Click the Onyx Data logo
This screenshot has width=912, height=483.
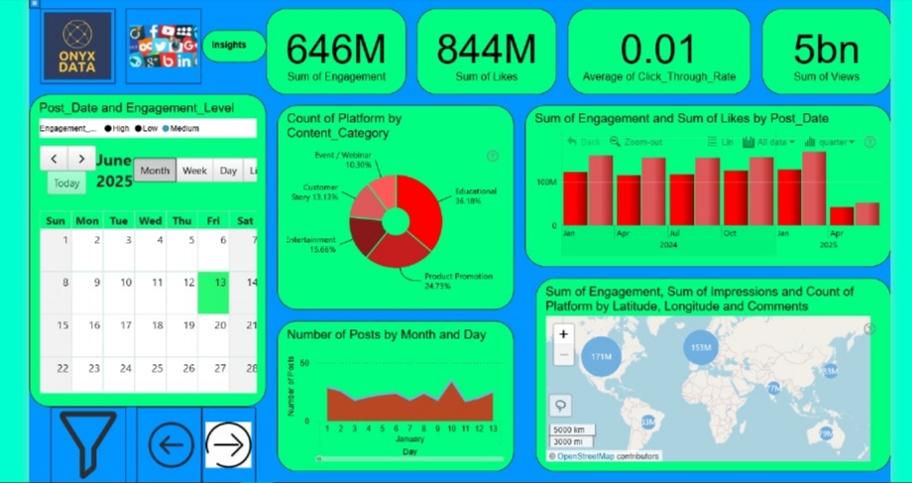coord(78,46)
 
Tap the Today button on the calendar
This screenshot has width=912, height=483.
coord(66,183)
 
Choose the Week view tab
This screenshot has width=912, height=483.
coord(194,171)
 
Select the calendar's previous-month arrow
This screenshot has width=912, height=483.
coord(55,160)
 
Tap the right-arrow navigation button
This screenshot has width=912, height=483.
coord(228,444)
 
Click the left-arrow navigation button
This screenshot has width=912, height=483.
coord(171,444)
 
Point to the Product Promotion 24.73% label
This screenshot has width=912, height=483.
coord(457,281)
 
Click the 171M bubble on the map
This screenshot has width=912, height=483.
coord(599,356)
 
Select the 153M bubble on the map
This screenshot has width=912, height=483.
coord(702,347)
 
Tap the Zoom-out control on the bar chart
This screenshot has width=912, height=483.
coord(637,142)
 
